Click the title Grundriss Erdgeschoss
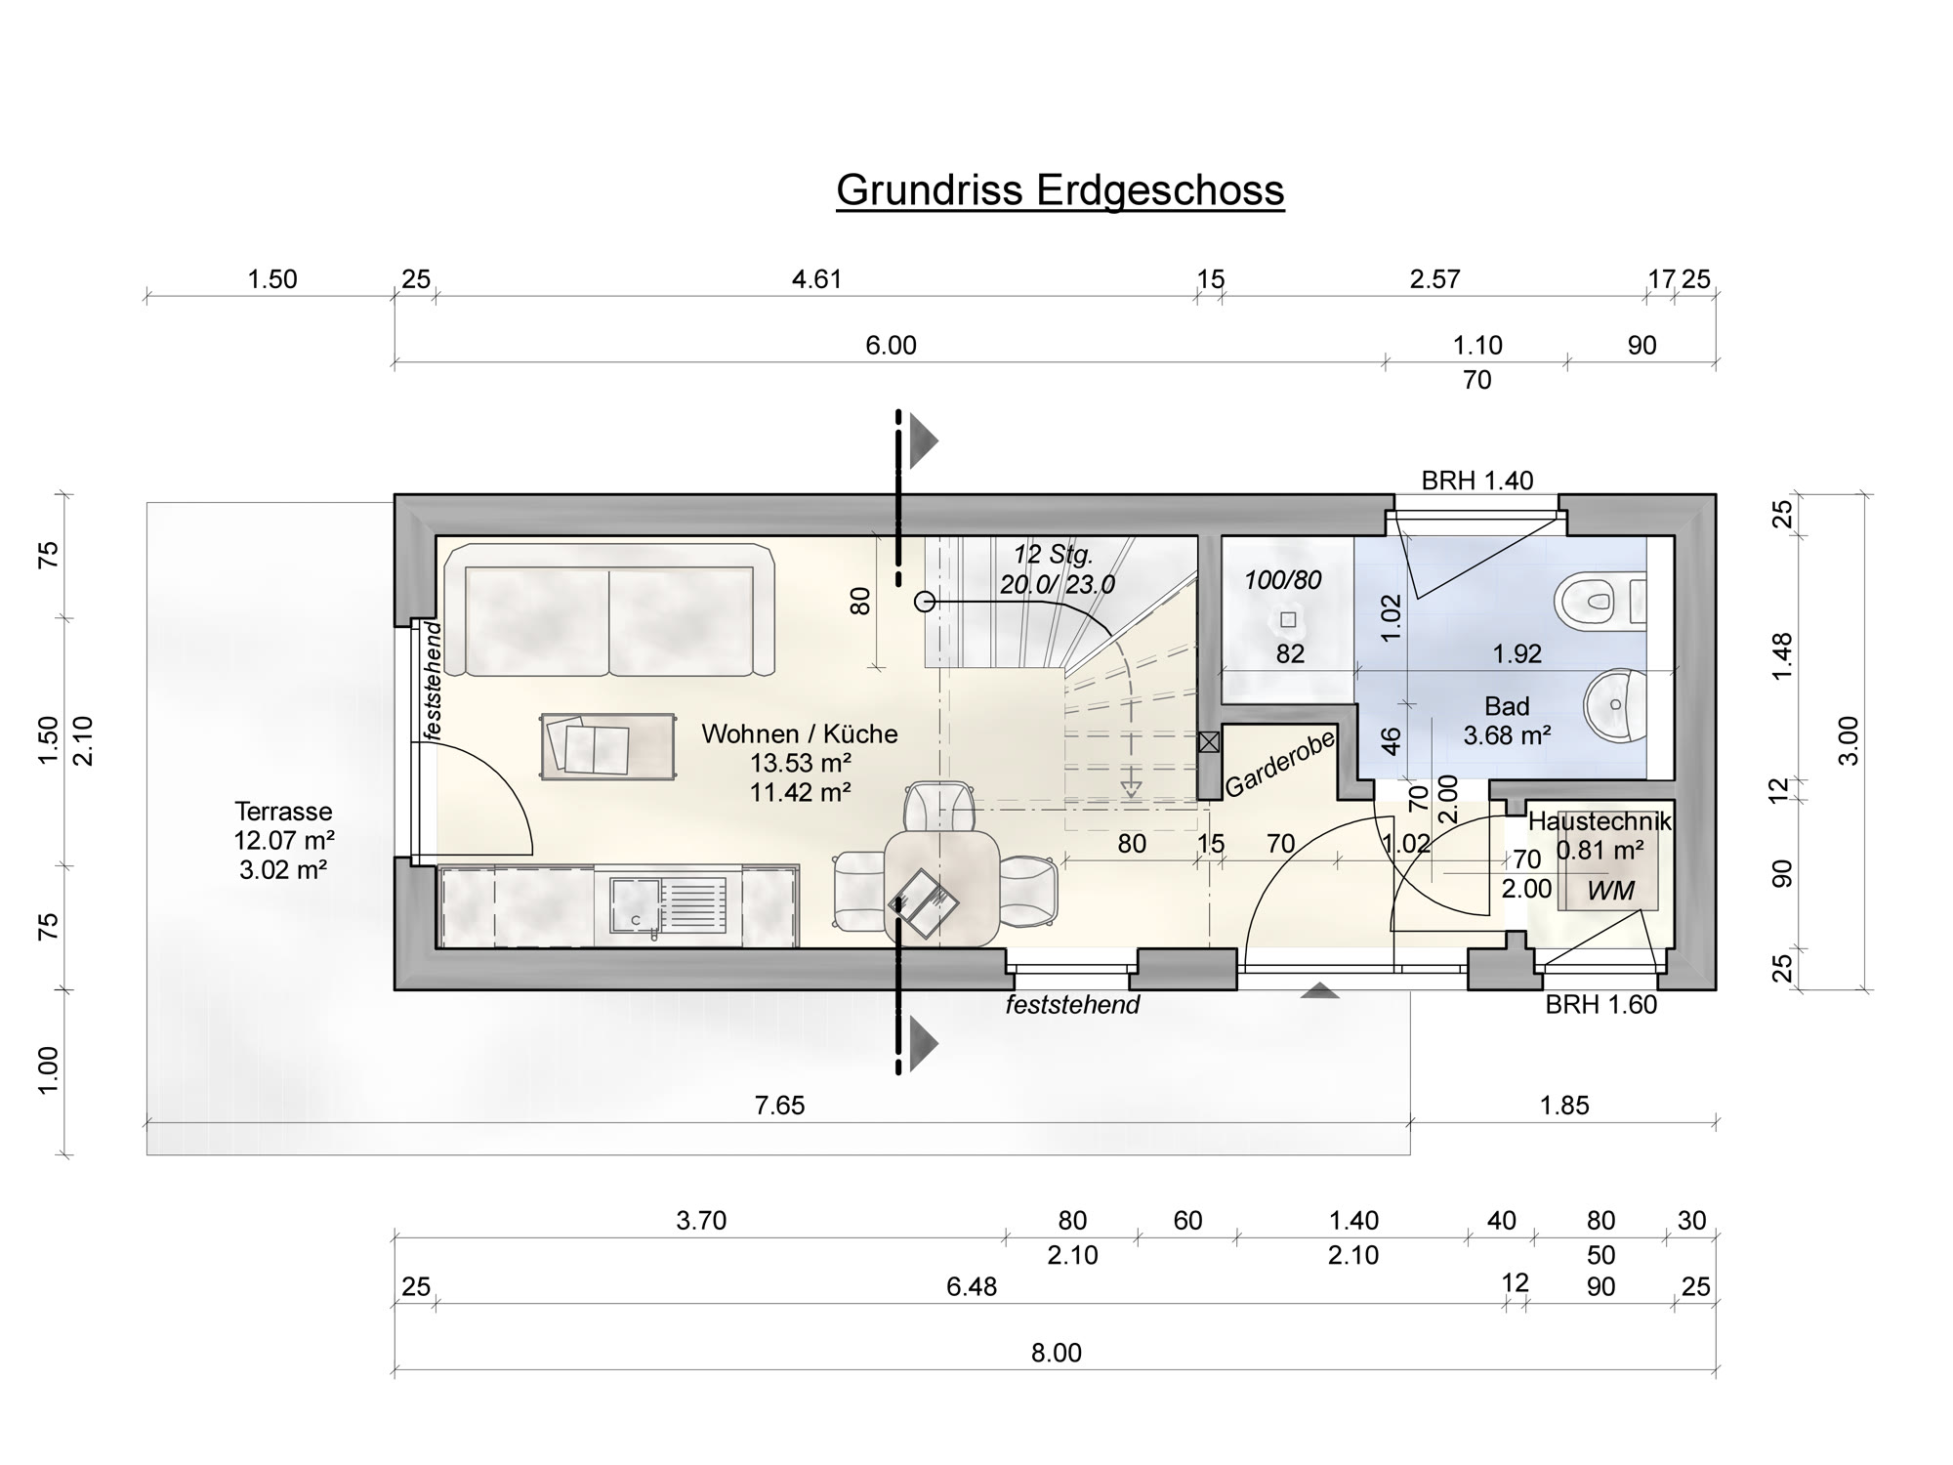tap(1060, 189)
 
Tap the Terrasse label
tap(283, 812)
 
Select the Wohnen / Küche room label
tap(799, 733)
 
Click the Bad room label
tap(1507, 706)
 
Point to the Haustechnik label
tap(1600, 822)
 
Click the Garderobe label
tap(1280, 765)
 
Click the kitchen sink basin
tap(636, 905)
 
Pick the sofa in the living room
tap(609, 610)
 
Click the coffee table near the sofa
tap(607, 746)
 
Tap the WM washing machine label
tap(1610, 891)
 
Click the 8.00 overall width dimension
tap(1056, 1353)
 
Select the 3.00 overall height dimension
tap(1849, 741)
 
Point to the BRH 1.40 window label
tap(1476, 481)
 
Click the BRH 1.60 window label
tap(1600, 1005)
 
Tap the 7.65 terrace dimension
tap(779, 1106)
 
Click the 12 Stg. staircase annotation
tap(1053, 555)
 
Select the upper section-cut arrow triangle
tap(924, 440)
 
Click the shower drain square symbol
tap(1288, 619)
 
